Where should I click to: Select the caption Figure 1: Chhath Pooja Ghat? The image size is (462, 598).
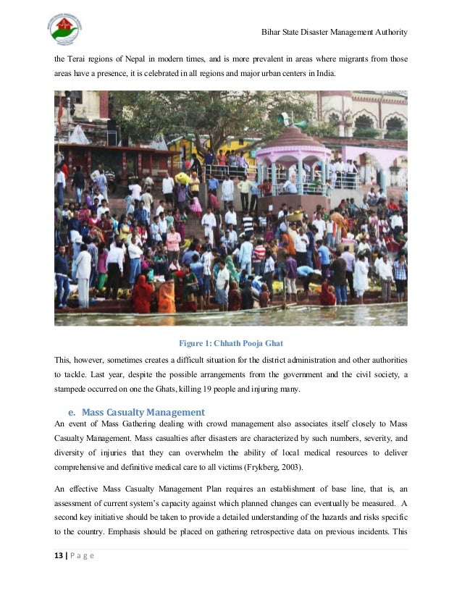point(230,343)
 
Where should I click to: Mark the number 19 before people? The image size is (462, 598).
point(210,391)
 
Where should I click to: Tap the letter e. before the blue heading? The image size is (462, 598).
point(73,413)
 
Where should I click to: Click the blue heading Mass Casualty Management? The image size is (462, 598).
point(143,413)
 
